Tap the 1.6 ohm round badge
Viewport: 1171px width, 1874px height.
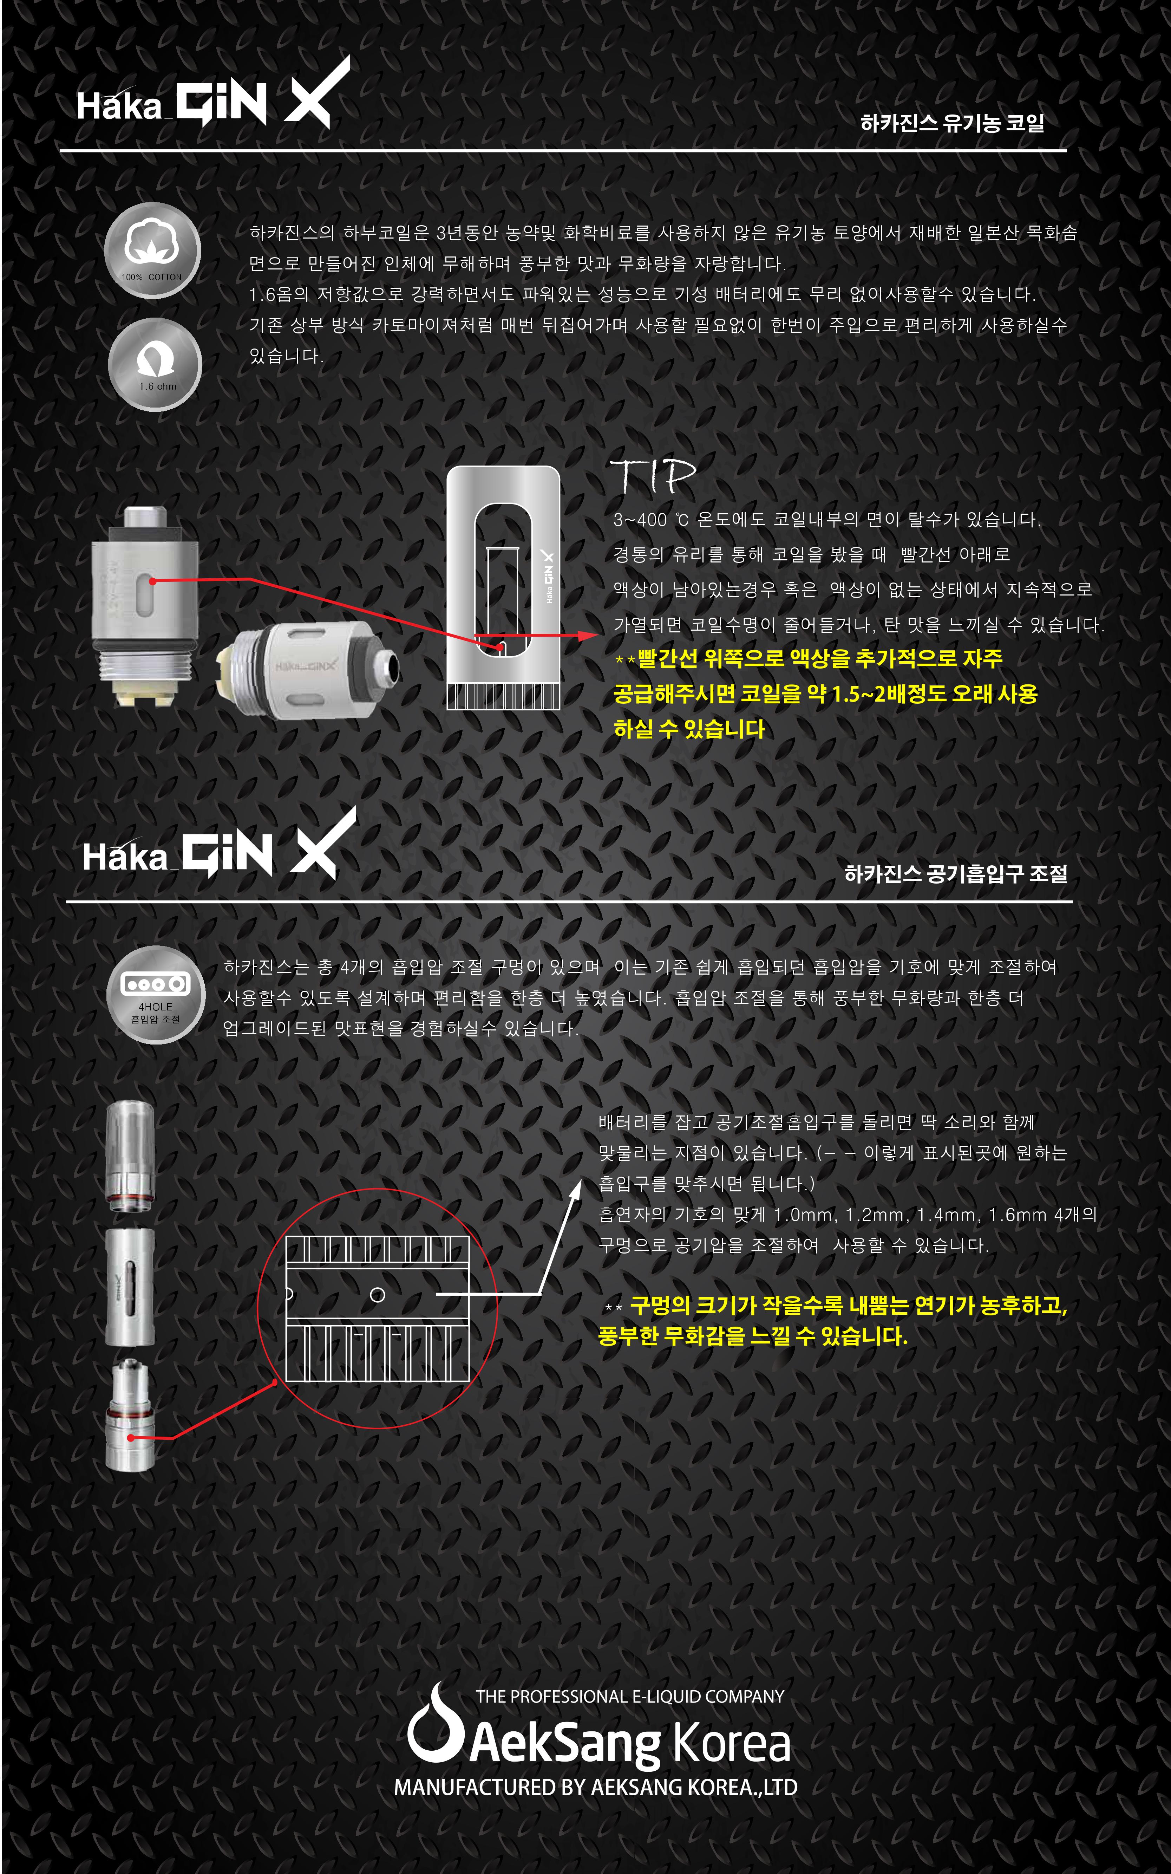pos(155,364)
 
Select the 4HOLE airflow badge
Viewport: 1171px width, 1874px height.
pos(156,995)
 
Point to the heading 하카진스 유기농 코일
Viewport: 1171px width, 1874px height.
pos(952,122)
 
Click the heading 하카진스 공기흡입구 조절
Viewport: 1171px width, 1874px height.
pos(956,874)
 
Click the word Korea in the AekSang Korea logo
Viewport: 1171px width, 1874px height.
pos(731,1743)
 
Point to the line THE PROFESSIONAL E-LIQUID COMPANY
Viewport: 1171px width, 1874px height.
pos(630,1697)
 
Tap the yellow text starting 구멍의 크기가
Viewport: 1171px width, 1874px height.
pos(832,1321)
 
